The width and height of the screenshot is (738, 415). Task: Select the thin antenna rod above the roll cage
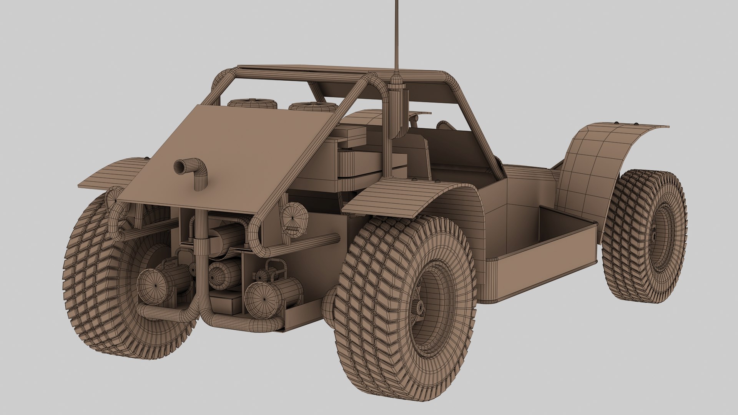point(396,35)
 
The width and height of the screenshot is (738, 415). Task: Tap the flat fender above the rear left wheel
point(111,173)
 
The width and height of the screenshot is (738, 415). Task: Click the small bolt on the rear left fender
point(146,158)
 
